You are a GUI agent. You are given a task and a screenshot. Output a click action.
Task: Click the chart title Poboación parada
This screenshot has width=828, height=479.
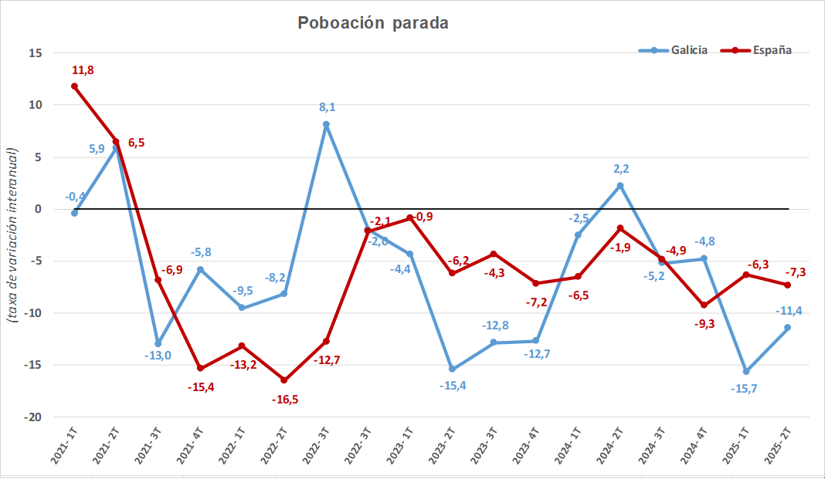coord(373,23)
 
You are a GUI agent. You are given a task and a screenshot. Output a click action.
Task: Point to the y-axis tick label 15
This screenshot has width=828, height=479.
coord(36,53)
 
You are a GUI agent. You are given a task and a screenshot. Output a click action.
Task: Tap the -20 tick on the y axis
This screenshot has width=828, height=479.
coord(33,417)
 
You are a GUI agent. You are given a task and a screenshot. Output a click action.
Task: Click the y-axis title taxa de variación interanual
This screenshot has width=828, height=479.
coord(13,234)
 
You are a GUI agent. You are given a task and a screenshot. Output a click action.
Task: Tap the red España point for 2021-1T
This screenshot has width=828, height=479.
coord(74,86)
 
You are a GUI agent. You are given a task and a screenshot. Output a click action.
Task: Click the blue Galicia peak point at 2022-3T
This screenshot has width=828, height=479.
coord(326,124)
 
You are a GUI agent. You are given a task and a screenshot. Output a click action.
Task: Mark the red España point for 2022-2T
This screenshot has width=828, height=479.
coord(284,380)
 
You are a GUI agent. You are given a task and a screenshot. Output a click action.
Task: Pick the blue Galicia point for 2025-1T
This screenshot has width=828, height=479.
coord(746,372)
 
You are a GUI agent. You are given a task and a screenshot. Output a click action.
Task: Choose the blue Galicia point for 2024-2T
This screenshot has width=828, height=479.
coord(620,186)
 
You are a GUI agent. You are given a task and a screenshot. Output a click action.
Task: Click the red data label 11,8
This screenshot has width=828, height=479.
coord(83,70)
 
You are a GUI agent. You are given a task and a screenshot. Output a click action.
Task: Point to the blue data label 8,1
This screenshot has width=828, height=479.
coord(327,107)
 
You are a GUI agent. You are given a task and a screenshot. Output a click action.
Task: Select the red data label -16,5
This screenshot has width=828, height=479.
coord(286,399)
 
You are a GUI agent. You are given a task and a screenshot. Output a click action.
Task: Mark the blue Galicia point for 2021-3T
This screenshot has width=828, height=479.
coord(158,344)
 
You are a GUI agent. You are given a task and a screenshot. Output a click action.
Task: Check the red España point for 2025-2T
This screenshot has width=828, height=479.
coord(787,285)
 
